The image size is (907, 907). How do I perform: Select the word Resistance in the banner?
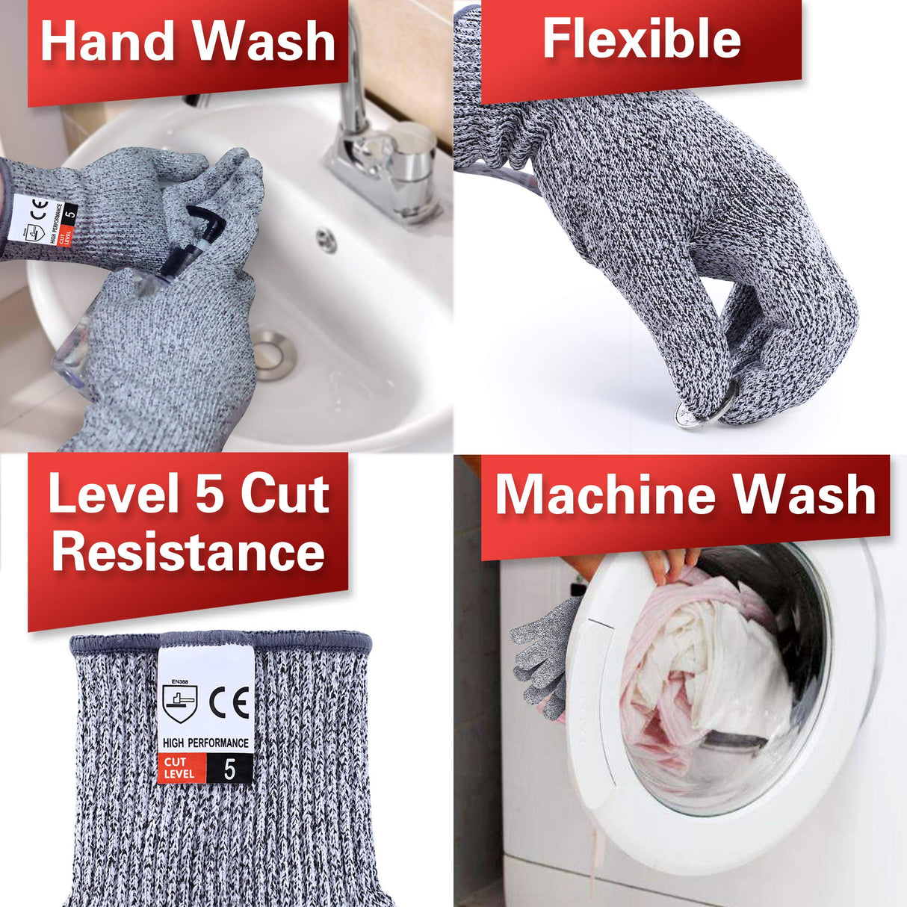[x=188, y=552]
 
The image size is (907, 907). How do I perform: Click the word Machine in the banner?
[x=605, y=495]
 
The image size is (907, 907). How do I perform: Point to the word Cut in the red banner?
[x=285, y=494]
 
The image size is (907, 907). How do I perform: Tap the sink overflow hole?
[x=326, y=240]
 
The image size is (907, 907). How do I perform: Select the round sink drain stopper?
[x=273, y=354]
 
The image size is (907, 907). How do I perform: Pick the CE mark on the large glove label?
[x=229, y=702]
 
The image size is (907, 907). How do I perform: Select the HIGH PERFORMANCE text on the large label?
[x=205, y=743]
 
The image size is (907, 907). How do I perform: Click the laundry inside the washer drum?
[x=702, y=672]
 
